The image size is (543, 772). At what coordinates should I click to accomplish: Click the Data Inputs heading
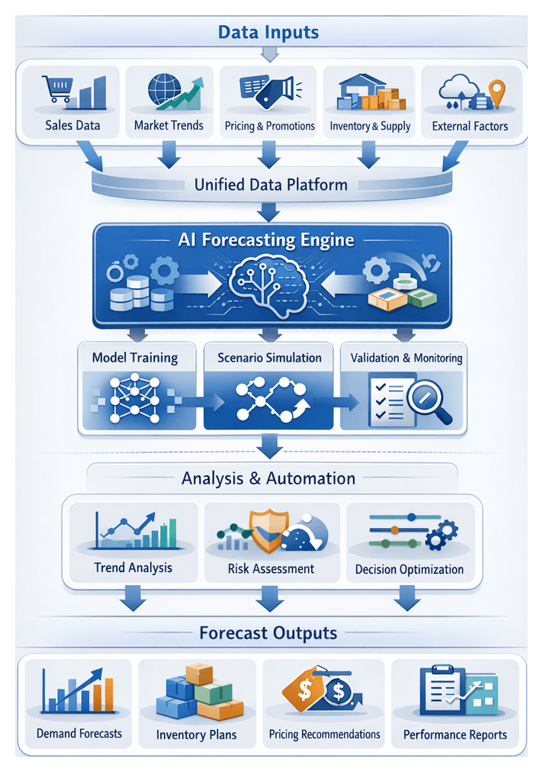coord(268,32)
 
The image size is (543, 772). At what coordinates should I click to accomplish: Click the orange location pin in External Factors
coord(498,92)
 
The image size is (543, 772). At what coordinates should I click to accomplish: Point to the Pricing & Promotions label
coord(270,126)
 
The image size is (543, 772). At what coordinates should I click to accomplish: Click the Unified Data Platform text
coord(271,184)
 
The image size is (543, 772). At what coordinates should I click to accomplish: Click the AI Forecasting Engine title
coord(266,240)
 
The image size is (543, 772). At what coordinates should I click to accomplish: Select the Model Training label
coord(134,357)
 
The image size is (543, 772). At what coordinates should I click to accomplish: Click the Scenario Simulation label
coord(269,357)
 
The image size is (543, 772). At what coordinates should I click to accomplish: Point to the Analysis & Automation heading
coord(268,478)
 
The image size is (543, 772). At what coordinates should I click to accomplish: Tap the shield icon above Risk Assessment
coord(268,530)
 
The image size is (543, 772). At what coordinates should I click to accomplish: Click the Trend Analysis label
coord(133,568)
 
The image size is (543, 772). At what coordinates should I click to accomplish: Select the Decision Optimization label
coord(410,569)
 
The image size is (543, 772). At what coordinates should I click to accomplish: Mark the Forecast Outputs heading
coord(268,633)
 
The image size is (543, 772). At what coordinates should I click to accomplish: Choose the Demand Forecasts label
coord(79,734)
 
